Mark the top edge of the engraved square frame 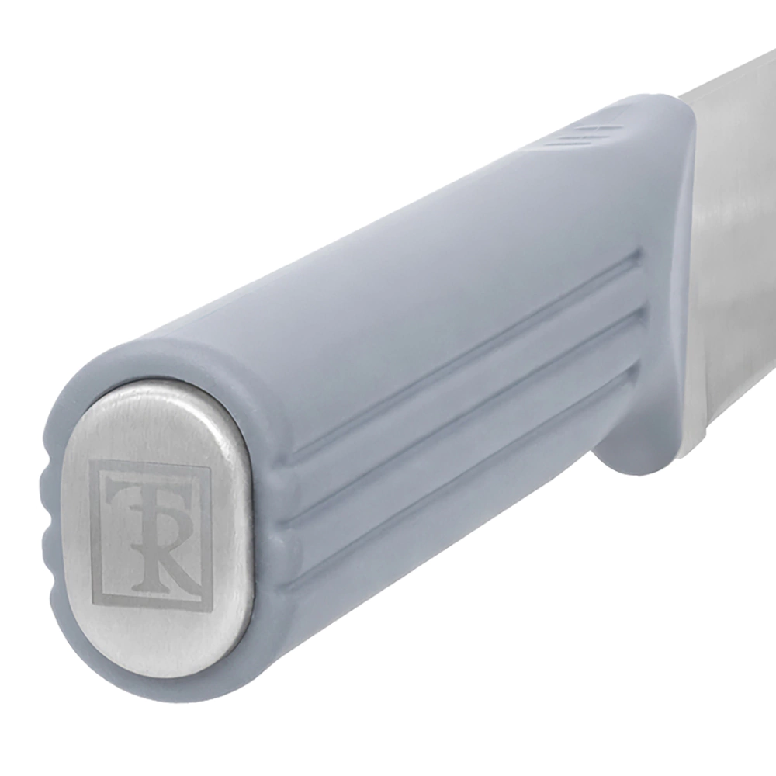151,464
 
